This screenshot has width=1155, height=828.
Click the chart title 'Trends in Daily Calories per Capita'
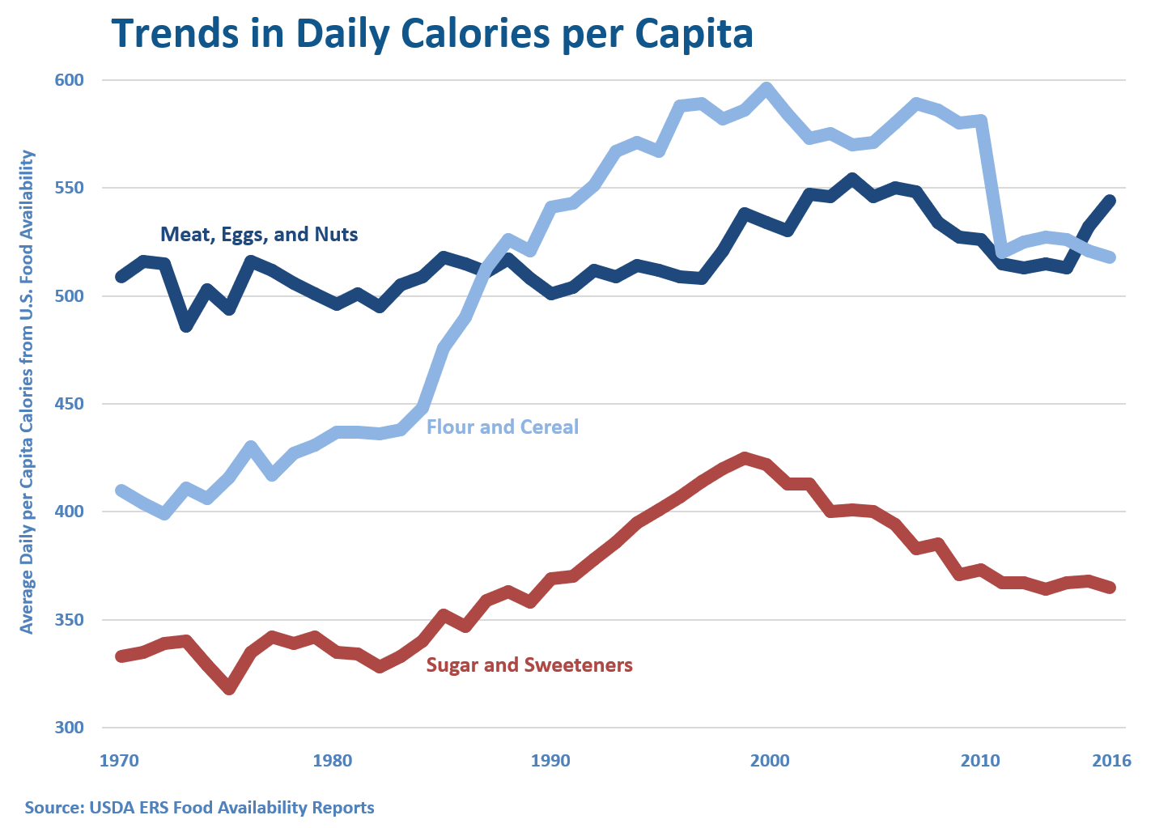pos(432,33)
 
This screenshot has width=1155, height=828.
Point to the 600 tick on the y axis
pos(70,80)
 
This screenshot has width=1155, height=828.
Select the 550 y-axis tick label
pos(70,188)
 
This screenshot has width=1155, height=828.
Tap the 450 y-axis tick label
pos(70,404)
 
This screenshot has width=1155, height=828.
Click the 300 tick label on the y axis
pos(70,728)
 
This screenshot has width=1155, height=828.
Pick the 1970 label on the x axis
pos(119,761)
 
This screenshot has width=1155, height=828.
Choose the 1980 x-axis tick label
pos(333,761)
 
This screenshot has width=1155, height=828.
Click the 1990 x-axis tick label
pos(550,761)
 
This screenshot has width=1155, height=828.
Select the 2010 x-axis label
pos(980,761)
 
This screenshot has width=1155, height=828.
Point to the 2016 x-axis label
pos(1111,761)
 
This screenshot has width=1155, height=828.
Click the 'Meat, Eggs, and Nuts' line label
pos(259,235)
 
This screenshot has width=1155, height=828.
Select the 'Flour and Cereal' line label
pos(503,427)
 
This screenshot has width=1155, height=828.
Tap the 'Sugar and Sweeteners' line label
pos(529,665)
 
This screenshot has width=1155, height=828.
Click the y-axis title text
pos(28,392)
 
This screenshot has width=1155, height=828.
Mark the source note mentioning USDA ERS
pos(199,808)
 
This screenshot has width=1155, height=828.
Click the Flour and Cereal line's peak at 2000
pos(767,88)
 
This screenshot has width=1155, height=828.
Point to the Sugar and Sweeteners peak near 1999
pos(745,458)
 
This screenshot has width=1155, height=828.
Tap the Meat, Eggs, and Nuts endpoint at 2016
pos(1110,201)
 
